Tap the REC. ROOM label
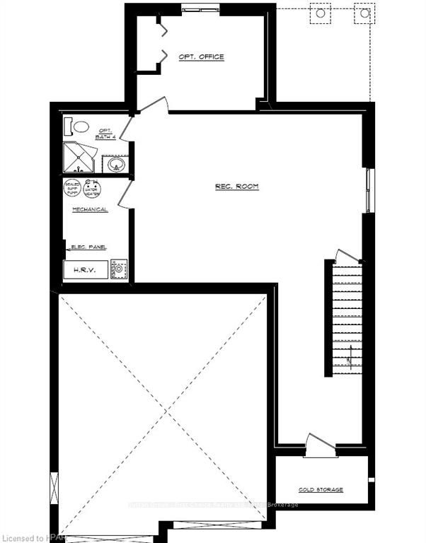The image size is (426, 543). (x=237, y=187)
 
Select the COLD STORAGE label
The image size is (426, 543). (x=321, y=489)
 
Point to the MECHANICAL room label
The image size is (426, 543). (x=90, y=210)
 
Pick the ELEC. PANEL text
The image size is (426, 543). (x=89, y=247)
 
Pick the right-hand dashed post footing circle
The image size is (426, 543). (x=364, y=13)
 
